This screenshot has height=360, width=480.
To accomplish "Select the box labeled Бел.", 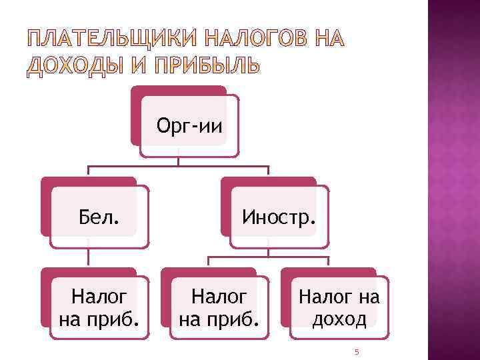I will tap(99, 216).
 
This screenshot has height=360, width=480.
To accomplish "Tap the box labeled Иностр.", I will tap(279, 216).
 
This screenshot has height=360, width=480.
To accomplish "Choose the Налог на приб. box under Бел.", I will tap(99, 306).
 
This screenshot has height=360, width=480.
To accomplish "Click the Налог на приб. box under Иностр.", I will tap(219, 306).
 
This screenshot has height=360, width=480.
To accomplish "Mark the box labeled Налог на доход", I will tap(339, 306).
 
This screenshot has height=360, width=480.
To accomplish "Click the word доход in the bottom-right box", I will tap(339, 319).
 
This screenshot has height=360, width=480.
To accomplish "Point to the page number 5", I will tap(357, 351).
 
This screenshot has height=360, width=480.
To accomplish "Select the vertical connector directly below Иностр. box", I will tap(269, 248).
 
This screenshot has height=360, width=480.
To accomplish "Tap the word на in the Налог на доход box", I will tap(367, 295).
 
